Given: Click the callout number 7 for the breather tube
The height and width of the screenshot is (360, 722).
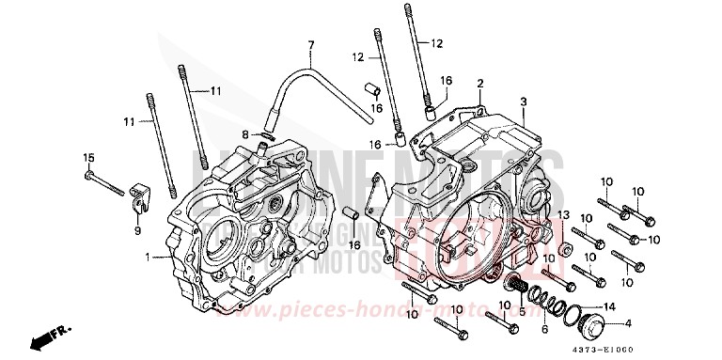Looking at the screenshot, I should pos(310,45).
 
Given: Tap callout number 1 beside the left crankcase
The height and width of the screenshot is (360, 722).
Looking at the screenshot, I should pos(148,257).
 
